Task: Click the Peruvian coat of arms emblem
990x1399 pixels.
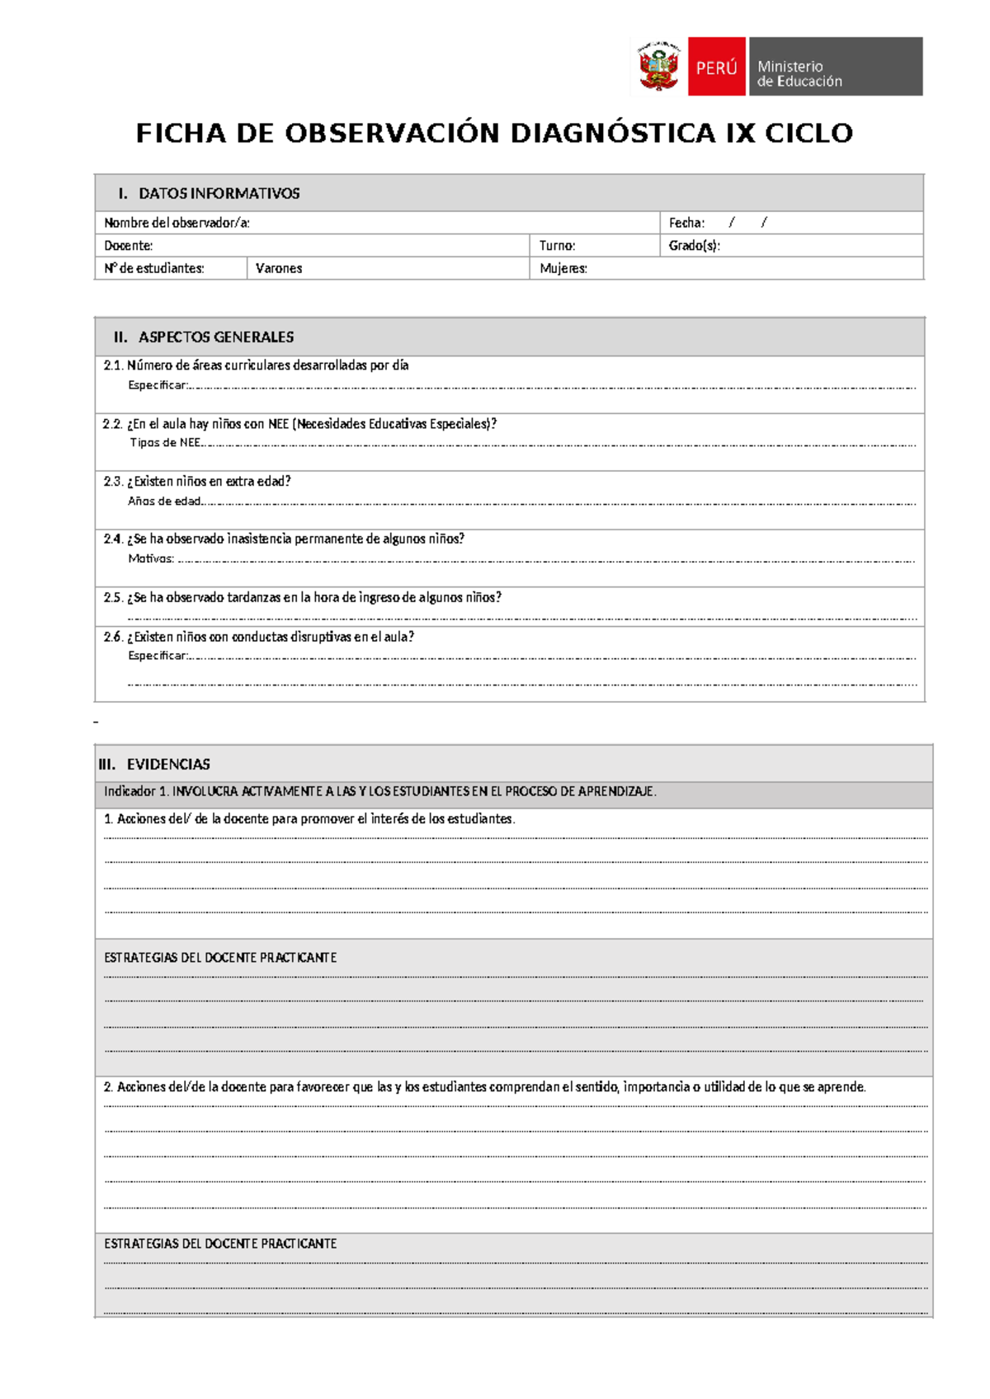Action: click(658, 67)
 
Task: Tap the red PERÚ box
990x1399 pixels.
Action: click(716, 67)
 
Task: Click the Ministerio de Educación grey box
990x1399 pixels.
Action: click(835, 67)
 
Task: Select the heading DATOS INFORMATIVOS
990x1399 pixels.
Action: click(219, 194)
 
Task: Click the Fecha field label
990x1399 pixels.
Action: click(686, 223)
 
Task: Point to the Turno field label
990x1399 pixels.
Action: click(557, 246)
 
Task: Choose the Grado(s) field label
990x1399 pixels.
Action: click(694, 246)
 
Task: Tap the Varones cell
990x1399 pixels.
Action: click(279, 269)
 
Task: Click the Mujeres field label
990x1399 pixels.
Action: click(563, 269)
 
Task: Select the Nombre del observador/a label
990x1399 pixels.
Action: click(176, 223)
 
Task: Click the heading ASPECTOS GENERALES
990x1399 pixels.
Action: click(215, 337)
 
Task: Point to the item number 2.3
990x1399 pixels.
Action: click(113, 482)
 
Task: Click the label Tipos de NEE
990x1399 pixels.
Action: click(165, 443)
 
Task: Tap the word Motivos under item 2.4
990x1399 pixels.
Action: click(150, 559)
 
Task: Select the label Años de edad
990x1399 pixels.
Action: click(164, 502)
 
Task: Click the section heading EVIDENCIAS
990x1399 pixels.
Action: click(168, 765)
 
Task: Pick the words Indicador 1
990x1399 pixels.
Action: click(136, 792)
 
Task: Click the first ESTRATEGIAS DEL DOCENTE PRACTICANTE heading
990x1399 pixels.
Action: click(220, 958)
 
